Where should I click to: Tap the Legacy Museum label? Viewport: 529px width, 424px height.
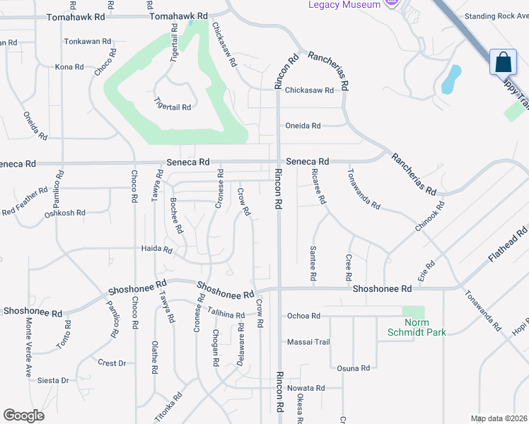[x=344, y=4]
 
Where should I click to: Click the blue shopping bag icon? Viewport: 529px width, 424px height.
[x=504, y=61]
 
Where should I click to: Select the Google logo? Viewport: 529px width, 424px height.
[x=23, y=416]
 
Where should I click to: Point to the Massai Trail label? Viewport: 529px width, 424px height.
[x=308, y=342]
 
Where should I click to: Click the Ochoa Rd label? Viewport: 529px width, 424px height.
[x=303, y=316]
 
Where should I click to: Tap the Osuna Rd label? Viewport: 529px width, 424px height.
[x=354, y=368]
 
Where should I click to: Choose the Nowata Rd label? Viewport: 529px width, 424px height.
[x=306, y=389]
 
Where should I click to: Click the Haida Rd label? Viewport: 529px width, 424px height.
[x=157, y=249]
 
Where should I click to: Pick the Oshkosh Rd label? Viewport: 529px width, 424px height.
[x=64, y=213]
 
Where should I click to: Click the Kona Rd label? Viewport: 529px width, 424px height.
[x=69, y=67]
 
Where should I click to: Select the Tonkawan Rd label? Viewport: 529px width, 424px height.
[x=88, y=42]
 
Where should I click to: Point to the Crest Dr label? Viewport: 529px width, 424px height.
[x=112, y=363]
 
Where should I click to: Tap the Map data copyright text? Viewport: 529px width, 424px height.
[x=498, y=418]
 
